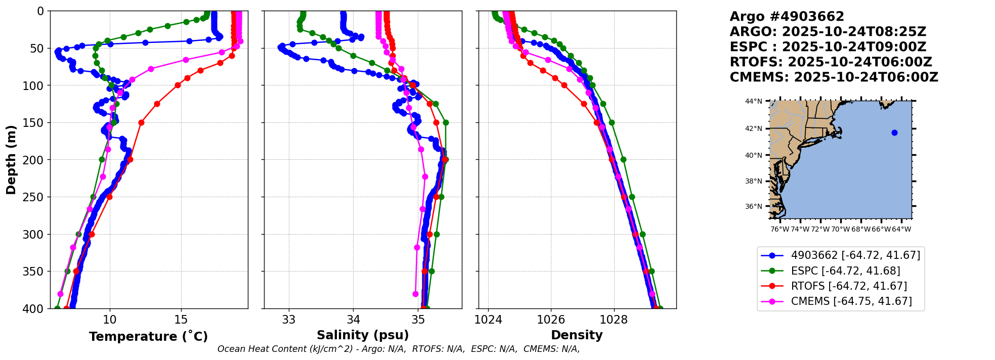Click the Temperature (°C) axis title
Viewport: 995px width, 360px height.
[x=148, y=337]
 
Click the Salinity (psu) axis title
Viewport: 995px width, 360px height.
[x=363, y=335]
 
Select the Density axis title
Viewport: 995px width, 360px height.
[x=577, y=335]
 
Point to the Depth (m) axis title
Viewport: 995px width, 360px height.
[x=11, y=159]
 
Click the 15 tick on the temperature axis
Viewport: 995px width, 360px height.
[x=181, y=320]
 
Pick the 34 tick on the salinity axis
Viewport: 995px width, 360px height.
[x=353, y=320]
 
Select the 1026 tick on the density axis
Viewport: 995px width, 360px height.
[x=551, y=320]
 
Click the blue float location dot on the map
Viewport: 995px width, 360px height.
[x=894, y=133]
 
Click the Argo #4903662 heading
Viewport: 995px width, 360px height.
[x=787, y=17]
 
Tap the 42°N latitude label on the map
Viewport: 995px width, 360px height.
[x=753, y=129]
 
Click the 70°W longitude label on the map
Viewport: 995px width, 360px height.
[x=841, y=229]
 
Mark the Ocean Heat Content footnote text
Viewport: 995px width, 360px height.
[x=399, y=349]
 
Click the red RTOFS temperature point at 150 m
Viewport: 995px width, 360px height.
[x=141, y=122]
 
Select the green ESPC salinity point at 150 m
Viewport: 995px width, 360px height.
[x=446, y=122]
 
